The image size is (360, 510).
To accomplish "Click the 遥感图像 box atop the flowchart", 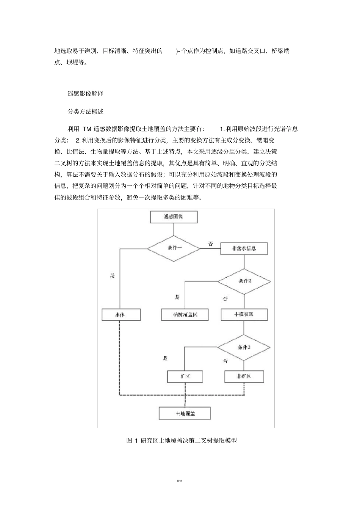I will click(174, 217).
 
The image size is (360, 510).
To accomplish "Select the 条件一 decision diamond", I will click(173, 248).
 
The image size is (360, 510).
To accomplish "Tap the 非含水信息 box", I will click(244, 249).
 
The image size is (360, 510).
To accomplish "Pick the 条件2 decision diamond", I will click(244, 281).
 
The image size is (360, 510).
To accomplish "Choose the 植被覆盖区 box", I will click(185, 315).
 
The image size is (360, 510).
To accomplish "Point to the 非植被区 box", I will click(244, 315).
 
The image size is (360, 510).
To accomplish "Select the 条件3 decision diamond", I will click(244, 347).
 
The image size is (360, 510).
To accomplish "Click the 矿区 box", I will click(185, 377).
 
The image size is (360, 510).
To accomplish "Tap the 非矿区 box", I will click(244, 377).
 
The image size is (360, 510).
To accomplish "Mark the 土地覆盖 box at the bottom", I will click(185, 413).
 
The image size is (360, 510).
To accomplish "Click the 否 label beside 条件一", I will click(210, 244).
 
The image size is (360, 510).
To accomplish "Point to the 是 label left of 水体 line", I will click(112, 276).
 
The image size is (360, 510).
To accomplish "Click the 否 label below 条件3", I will click(225, 361).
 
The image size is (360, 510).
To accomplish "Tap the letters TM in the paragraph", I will click(86, 129).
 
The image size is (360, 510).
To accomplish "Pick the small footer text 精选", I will click(180, 481).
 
